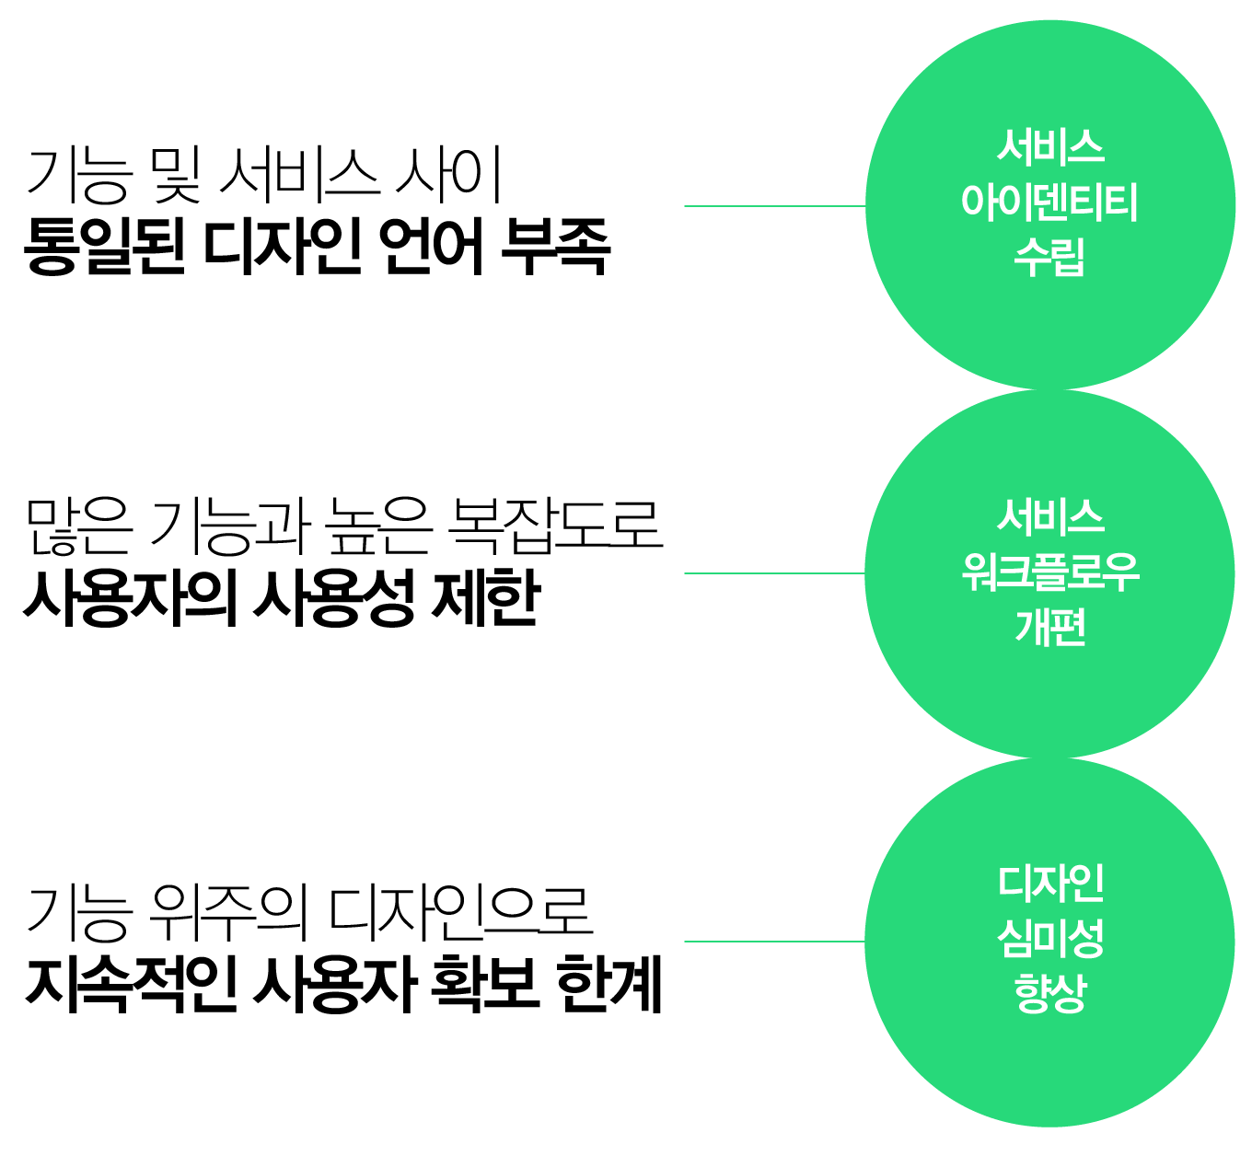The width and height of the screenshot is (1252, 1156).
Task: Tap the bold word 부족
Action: point(557,247)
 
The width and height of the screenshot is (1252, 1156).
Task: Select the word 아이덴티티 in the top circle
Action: point(1049,202)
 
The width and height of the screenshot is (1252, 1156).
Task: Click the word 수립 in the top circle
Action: point(1049,257)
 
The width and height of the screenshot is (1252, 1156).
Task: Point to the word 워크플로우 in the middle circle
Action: point(1049,572)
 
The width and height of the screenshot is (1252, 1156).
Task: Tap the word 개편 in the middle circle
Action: point(1049,627)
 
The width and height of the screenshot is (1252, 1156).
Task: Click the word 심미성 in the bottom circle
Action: point(1049,939)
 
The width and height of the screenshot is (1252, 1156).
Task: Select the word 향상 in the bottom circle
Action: point(1049,993)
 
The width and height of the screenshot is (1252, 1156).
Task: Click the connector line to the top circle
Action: point(773,206)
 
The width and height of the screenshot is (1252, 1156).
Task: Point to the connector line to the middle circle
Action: point(773,572)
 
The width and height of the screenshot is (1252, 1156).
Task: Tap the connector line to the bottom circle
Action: point(773,942)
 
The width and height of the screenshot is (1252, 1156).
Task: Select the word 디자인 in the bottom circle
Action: point(1049,883)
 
